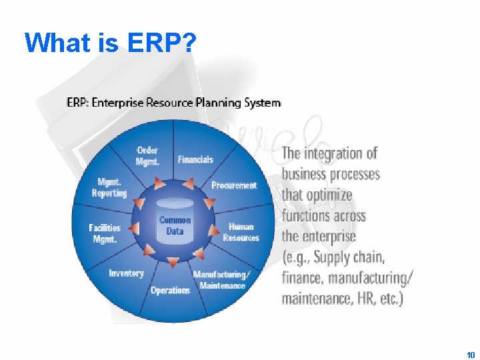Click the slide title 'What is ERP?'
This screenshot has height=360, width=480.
110,43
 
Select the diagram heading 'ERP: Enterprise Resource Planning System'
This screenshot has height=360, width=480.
173,103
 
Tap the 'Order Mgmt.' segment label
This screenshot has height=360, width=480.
147,155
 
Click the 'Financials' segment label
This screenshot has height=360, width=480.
195,159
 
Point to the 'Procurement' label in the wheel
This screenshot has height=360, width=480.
233,185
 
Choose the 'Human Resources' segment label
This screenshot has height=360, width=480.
241,232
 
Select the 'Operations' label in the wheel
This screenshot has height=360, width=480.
170,290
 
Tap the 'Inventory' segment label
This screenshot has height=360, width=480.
126,273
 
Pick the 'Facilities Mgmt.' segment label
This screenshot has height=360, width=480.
105,233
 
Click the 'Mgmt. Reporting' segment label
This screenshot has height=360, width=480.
109,187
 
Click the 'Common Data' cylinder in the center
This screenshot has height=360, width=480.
175,225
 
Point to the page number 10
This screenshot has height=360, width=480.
471,355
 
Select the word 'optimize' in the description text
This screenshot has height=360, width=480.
329,195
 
